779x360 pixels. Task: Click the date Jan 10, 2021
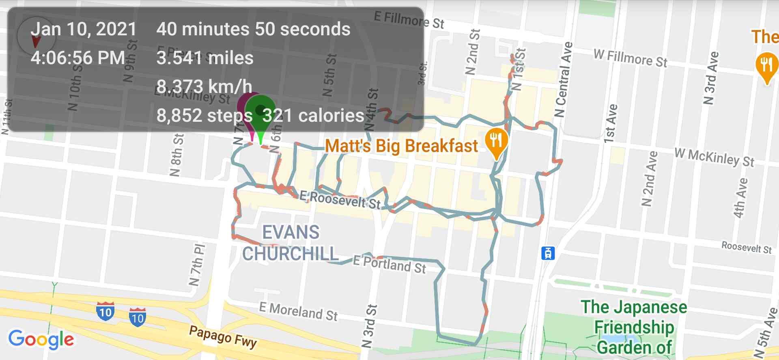coord(84,29)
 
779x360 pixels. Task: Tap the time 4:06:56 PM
coord(78,58)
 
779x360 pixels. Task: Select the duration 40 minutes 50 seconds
coord(253,29)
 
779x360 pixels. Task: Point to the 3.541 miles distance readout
coord(205,58)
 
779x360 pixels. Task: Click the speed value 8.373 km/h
coord(204,86)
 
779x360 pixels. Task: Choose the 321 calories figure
coord(313,116)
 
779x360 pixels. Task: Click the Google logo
coord(41,339)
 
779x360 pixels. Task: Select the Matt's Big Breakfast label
coord(401,146)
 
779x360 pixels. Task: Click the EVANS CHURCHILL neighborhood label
coord(291,243)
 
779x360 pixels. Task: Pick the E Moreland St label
coord(298,311)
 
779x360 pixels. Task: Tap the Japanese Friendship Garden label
coord(634,327)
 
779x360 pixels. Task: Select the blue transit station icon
coord(548,253)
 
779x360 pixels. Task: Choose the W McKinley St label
coord(714,157)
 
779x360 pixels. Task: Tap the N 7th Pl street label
coord(198,265)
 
